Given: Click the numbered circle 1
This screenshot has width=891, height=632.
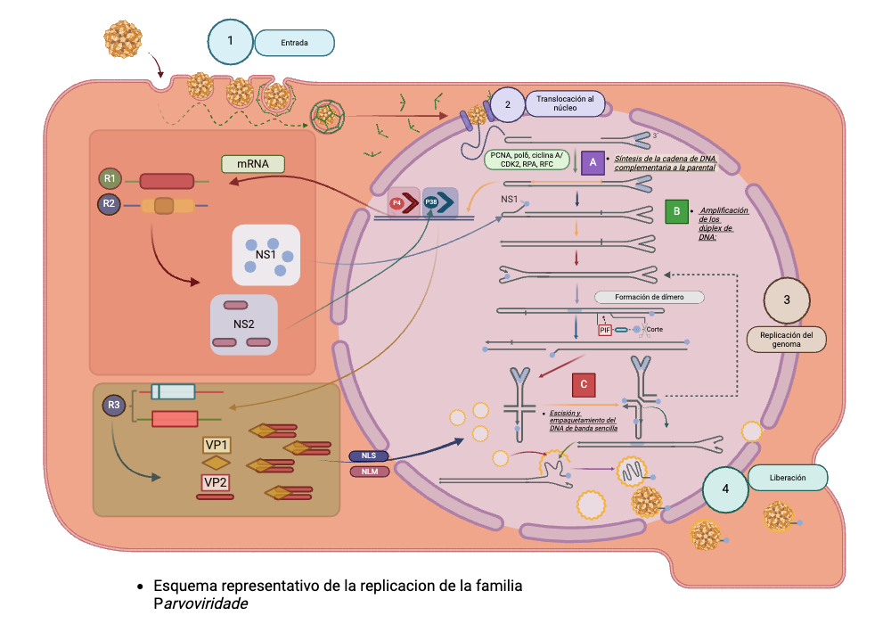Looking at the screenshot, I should (231, 41).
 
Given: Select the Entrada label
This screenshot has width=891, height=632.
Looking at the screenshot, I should (294, 43).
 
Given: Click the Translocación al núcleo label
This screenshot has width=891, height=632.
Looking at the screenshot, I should (565, 103).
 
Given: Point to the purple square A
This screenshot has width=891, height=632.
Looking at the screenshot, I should (593, 162).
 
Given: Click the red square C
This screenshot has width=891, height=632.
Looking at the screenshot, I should (584, 384).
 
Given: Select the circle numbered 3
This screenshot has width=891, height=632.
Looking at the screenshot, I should (787, 300).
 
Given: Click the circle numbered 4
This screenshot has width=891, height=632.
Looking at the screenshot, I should (725, 489).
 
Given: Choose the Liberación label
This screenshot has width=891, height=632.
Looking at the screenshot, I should (788, 478).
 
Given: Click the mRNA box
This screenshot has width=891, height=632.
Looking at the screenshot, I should (252, 164).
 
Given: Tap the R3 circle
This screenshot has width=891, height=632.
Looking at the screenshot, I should (114, 406).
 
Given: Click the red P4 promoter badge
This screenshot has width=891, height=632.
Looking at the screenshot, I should (396, 203).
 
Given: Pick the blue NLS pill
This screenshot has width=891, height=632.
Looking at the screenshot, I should (368, 456).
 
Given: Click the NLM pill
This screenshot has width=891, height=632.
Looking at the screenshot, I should (368, 472).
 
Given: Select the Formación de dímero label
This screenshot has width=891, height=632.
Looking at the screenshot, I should (648, 298).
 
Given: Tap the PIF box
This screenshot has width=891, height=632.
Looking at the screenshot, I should (605, 330).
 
